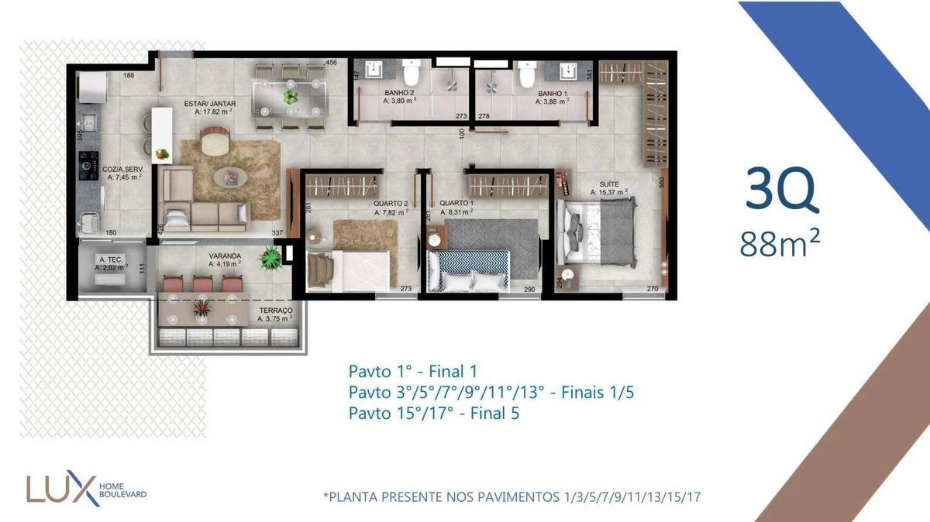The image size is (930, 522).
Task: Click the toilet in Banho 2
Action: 411,74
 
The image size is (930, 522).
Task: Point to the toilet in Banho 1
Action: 527,74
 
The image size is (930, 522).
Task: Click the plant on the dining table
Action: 291,97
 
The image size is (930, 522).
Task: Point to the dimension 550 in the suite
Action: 662,184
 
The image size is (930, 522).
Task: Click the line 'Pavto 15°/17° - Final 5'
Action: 433,414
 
